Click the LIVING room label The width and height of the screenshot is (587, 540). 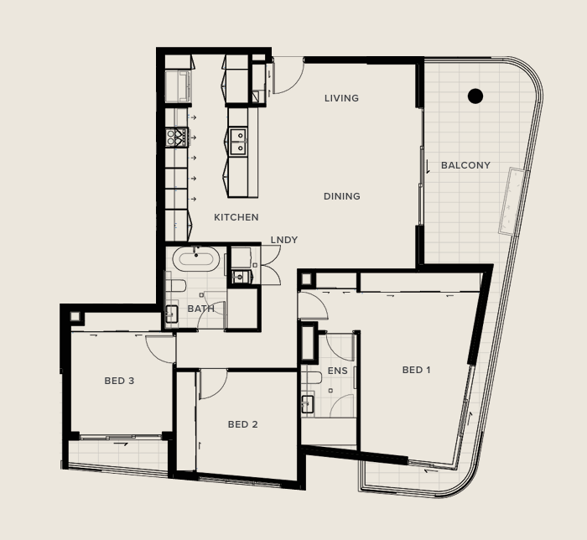coord(341,98)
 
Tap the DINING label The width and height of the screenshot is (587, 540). coord(342,196)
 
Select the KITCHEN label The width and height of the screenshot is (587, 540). coord(236,217)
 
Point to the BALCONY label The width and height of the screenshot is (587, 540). coord(465,165)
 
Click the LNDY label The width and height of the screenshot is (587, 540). coord(284,240)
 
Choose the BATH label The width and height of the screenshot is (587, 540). coord(201,309)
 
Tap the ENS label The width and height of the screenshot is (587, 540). coord(338,371)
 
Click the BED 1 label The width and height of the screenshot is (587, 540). coord(416,370)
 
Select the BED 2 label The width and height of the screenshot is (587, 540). coord(242,424)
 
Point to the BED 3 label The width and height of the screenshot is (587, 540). coord(119,381)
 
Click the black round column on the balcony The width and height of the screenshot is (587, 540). coord(475,96)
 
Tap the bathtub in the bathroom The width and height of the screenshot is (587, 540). coord(195,258)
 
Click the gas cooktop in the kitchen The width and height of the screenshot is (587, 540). coord(177,138)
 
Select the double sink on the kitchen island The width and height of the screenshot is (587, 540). coord(238,141)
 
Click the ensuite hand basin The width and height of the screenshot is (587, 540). coord(308,404)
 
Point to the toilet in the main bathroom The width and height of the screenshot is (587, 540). coord(175,286)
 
